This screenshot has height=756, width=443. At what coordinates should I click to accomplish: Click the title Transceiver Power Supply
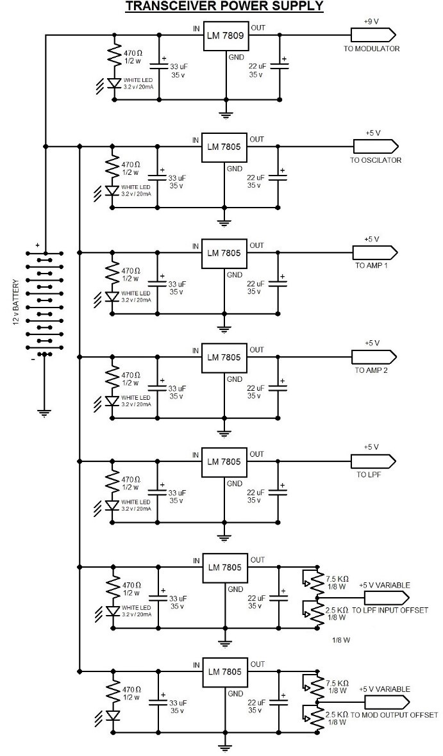[x=224, y=6]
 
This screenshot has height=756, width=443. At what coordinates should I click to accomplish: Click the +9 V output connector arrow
[x=373, y=35]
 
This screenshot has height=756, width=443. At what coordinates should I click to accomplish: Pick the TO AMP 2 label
[x=371, y=371]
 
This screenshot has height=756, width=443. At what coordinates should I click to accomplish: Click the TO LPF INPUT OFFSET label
[x=390, y=611]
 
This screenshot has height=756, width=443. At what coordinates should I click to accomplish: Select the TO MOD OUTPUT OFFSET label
[x=394, y=714]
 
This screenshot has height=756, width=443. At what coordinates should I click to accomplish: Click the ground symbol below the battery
[x=44, y=413]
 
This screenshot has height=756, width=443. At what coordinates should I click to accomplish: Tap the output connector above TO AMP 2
[x=374, y=356]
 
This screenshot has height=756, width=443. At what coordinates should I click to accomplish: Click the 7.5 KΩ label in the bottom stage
[x=337, y=684]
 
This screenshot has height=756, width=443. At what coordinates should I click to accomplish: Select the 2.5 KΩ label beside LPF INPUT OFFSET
[x=337, y=610]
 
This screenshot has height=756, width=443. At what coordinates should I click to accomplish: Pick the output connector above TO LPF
[x=374, y=461]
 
